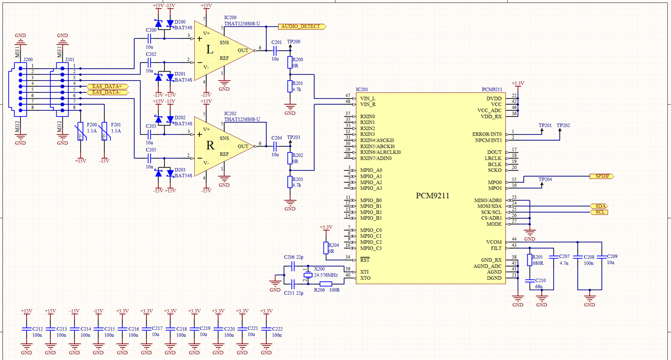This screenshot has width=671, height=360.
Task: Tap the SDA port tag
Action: (x=601, y=206)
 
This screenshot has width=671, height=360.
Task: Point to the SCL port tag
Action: (x=601, y=212)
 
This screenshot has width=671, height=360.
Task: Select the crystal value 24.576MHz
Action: (x=326, y=275)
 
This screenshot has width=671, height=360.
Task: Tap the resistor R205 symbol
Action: (x=529, y=260)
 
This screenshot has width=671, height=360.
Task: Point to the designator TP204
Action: (x=545, y=179)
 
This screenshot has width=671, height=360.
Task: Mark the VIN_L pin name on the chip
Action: (x=368, y=98)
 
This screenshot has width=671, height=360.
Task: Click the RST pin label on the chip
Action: (x=365, y=259)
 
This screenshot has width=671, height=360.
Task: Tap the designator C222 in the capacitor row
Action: (x=277, y=329)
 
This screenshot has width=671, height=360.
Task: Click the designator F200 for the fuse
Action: (x=92, y=125)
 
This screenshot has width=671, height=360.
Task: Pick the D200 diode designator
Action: (x=180, y=22)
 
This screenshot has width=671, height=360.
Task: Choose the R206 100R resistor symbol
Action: (x=326, y=284)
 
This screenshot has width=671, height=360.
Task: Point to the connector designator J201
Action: (x=70, y=59)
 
